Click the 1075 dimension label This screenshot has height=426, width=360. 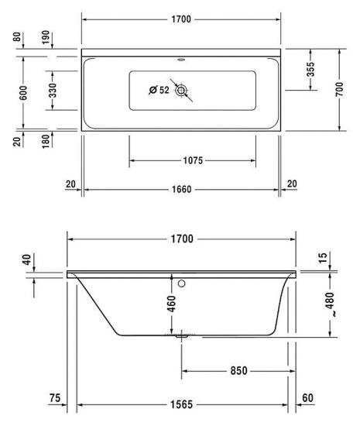(x=192, y=161)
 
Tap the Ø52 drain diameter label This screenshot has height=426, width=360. (x=160, y=91)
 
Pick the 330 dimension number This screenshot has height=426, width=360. (x=52, y=91)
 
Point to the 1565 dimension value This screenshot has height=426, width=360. (x=183, y=404)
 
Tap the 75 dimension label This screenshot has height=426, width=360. (x=54, y=398)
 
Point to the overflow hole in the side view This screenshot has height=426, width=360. (x=182, y=283)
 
